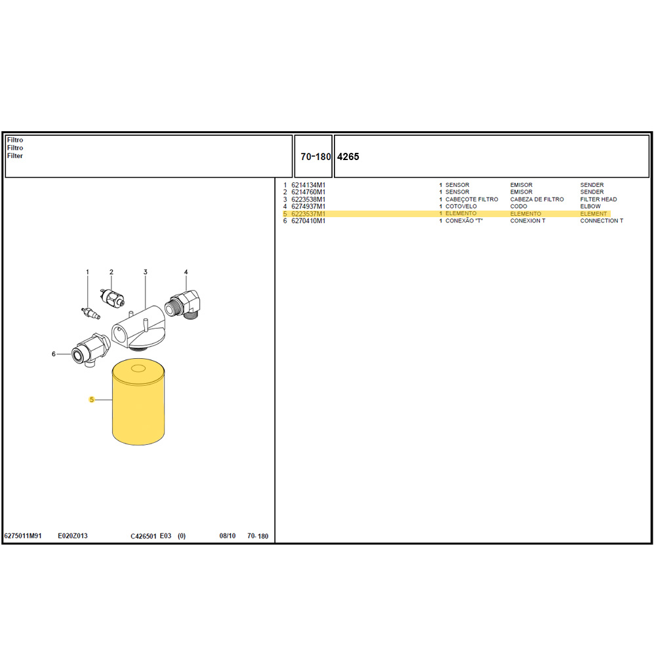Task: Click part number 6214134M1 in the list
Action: [308, 185]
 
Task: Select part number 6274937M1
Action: [308, 206]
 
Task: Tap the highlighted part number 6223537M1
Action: [308, 214]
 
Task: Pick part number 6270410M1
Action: [308, 221]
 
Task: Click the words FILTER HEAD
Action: [598, 199]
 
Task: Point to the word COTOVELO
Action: [461, 206]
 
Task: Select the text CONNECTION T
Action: [602, 221]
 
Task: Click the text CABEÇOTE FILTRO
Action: [472, 199]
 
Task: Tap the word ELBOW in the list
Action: [590, 206]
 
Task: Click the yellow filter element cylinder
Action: [138, 401]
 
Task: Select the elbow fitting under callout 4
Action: [184, 304]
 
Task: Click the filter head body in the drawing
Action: [138, 329]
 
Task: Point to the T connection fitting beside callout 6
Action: [91, 350]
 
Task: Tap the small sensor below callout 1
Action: [91, 313]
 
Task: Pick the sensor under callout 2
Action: [113, 297]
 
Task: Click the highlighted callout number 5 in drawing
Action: [92, 400]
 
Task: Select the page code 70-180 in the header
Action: [316, 157]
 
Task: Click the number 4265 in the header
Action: [348, 157]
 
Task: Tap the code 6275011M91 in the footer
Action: [23, 536]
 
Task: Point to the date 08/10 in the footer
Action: [228, 536]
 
